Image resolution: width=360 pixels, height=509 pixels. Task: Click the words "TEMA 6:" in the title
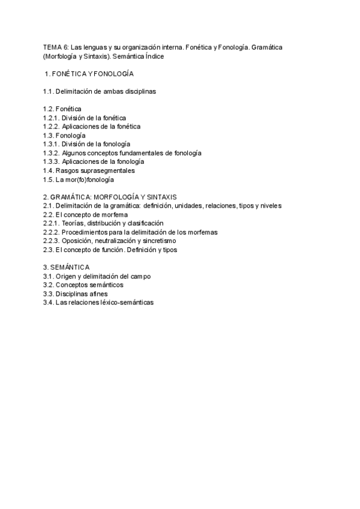[56, 47]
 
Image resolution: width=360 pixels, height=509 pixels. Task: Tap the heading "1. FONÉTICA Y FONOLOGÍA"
[89, 74]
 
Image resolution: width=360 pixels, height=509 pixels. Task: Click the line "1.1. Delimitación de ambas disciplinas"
[100, 91]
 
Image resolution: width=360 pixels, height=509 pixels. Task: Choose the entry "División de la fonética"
[94, 118]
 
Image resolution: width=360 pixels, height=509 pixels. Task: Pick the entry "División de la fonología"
[96, 144]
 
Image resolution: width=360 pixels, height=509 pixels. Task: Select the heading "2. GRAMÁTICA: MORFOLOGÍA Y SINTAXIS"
[109, 197]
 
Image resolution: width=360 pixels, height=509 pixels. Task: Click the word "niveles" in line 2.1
[270, 206]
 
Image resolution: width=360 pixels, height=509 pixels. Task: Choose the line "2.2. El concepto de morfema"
[85, 214]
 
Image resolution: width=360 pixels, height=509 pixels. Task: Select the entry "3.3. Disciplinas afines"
[78, 294]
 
